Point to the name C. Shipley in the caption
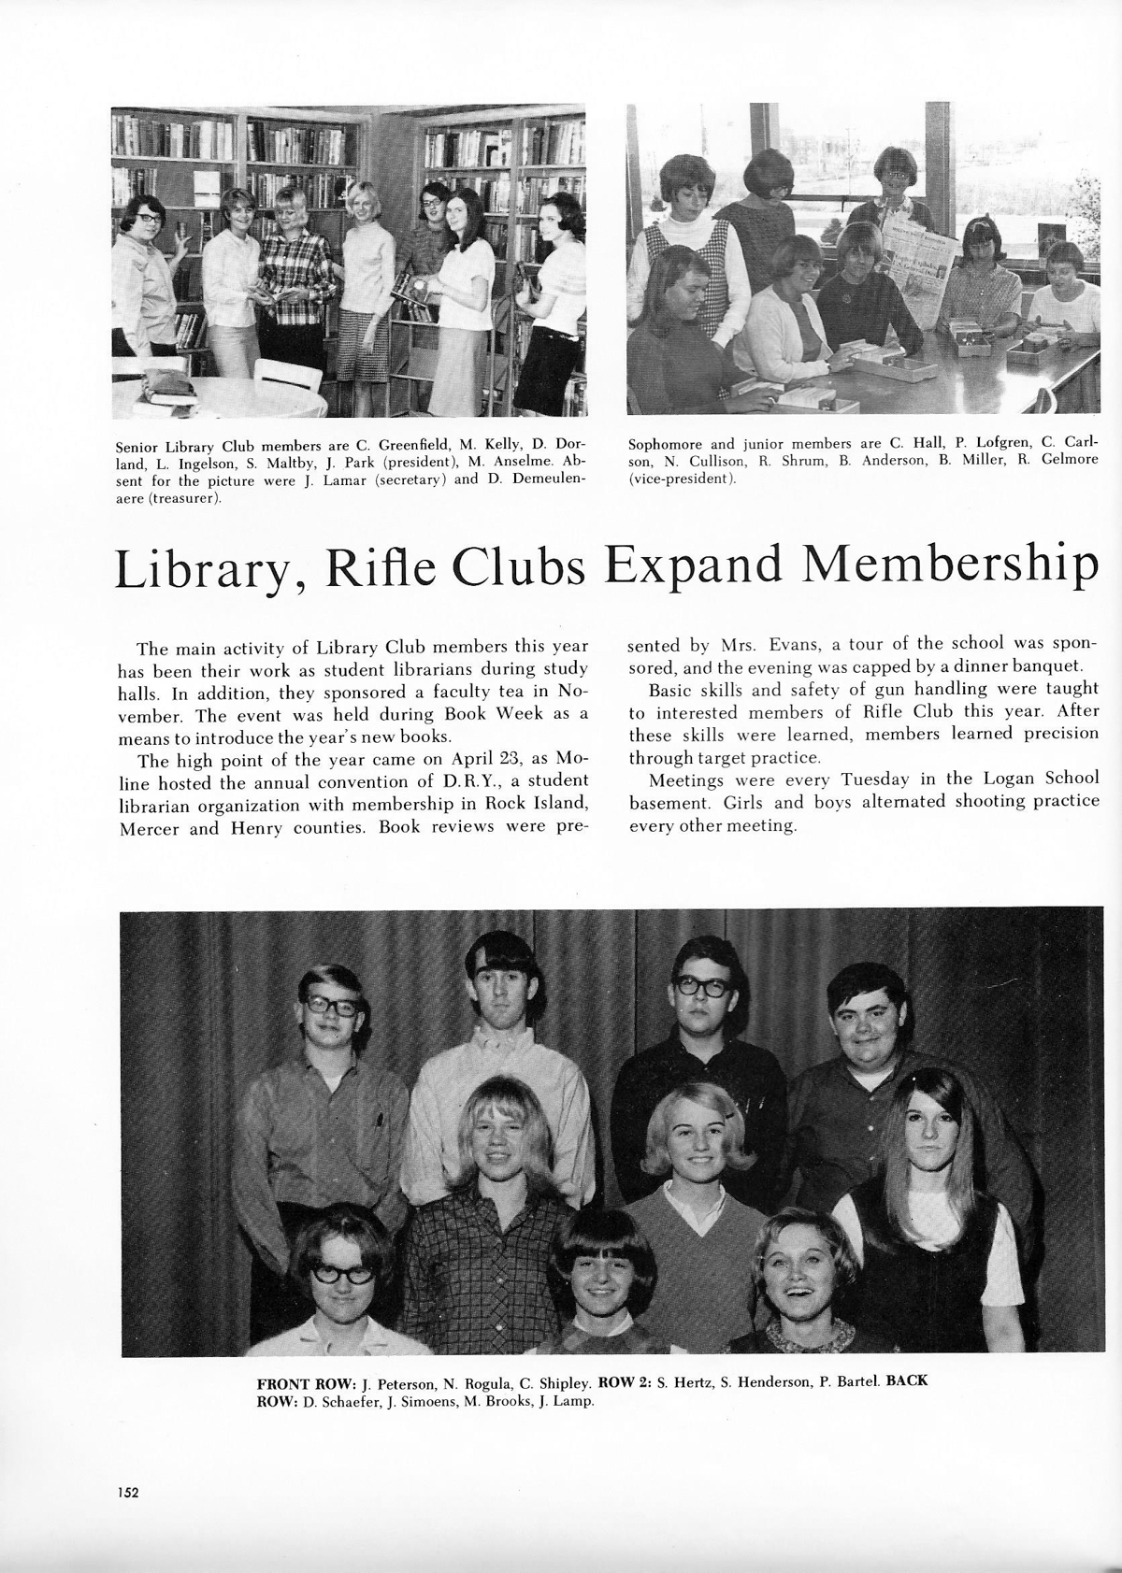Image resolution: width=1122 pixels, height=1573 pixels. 555,1382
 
